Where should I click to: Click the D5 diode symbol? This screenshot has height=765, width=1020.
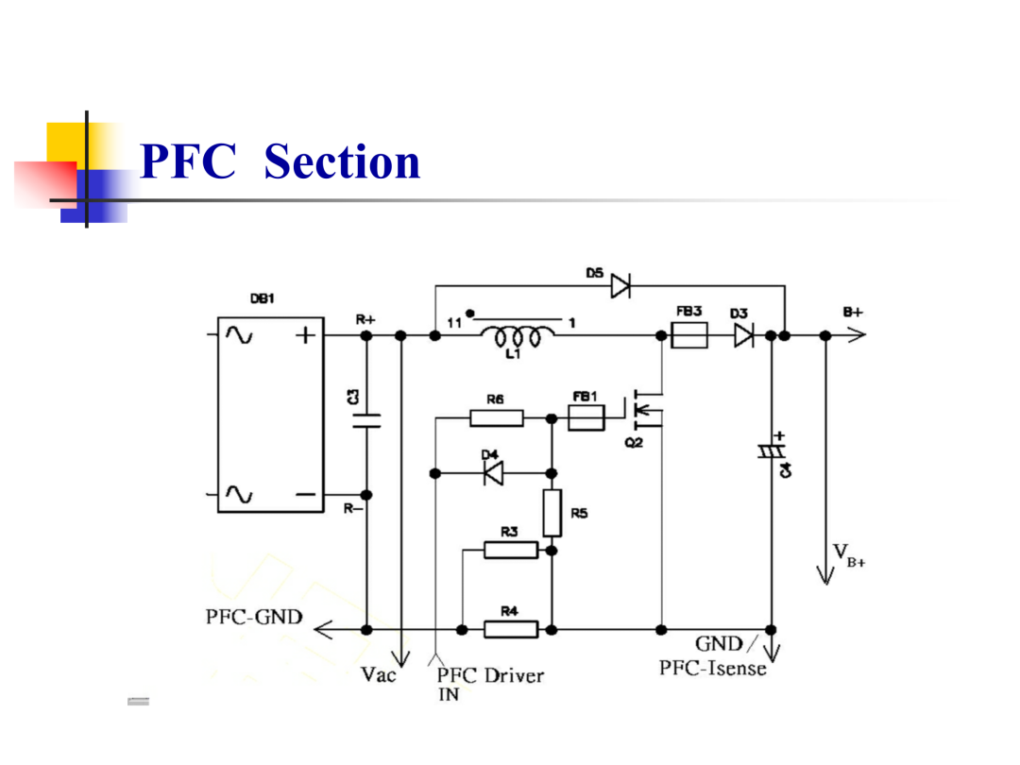click(x=620, y=285)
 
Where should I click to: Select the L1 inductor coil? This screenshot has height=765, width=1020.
click(x=518, y=336)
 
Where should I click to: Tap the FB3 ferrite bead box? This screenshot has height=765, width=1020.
click(x=688, y=335)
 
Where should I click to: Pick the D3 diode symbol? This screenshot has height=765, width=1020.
click(x=744, y=335)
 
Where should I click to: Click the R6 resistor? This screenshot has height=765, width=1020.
click(x=497, y=417)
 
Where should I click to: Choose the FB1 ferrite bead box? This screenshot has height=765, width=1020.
click(x=586, y=417)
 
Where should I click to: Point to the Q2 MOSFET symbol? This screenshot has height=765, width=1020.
click(x=645, y=409)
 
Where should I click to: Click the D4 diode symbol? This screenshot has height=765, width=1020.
click(x=494, y=473)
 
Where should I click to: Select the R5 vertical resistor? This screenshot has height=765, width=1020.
click(x=552, y=513)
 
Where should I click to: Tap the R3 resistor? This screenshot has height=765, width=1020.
click(x=511, y=551)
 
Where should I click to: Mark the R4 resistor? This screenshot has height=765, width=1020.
click(x=511, y=630)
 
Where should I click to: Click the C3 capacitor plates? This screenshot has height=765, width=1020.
click(x=366, y=421)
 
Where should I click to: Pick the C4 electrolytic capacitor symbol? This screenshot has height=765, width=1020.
click(x=773, y=450)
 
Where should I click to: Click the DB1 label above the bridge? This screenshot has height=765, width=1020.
click(x=263, y=298)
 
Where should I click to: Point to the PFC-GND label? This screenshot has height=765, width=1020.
click(x=254, y=617)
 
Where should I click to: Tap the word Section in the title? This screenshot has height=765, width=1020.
click(x=342, y=161)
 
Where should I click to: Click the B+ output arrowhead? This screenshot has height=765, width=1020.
click(x=857, y=335)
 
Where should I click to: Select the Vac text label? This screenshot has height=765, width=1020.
click(x=378, y=674)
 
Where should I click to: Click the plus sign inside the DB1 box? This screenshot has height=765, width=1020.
click(x=305, y=335)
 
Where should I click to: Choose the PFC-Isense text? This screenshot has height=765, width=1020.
click(x=712, y=668)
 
